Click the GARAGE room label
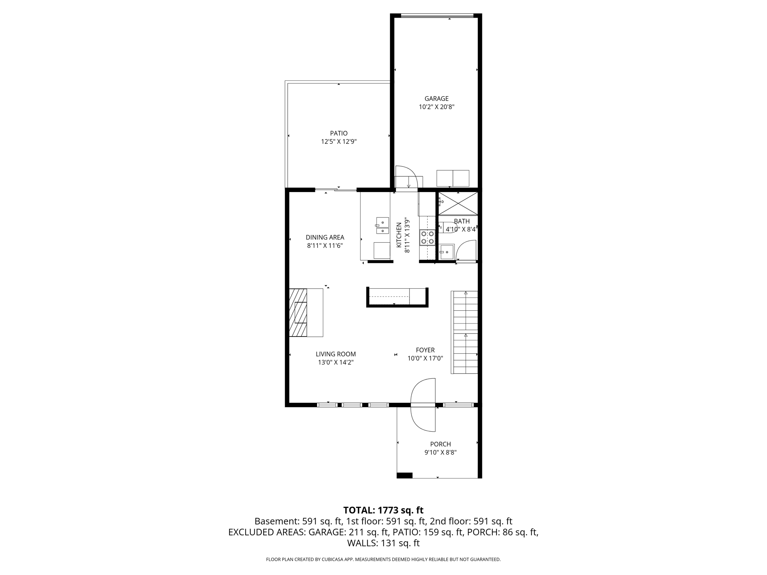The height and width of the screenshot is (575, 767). pos(436,99)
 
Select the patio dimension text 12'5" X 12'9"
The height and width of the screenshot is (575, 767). pos(339,142)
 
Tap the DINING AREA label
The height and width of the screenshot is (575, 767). pos(325,237)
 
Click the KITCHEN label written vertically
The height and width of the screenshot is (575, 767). pos(399,235)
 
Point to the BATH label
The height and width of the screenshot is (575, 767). pos(461,221)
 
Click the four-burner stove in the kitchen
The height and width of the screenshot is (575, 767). pos(427,237)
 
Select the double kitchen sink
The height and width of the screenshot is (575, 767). pos(382,226)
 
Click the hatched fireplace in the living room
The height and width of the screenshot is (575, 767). pos(298,312)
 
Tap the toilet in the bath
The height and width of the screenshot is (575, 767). pos(448,227)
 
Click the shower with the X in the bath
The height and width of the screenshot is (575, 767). pos(458,204)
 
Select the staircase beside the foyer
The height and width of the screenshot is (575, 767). pos(464,332)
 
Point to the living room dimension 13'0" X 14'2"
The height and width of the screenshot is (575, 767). pos(336,362)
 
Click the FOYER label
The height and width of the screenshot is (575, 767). pos(425,350)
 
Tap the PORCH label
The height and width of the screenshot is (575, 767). pos(440,444)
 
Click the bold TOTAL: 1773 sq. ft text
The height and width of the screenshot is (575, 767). pos(383,510)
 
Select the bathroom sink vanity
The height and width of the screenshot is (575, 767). pos(446,252)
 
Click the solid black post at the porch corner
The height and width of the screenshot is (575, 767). pos(404,475)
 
